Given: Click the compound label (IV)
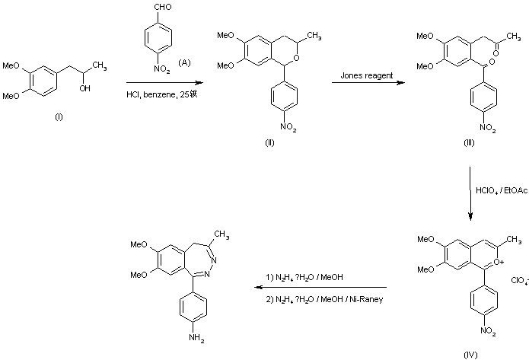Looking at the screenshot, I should click(x=470, y=354).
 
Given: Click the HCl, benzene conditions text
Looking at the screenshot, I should click(x=164, y=95).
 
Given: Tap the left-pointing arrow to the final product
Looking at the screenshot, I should click(x=320, y=288).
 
